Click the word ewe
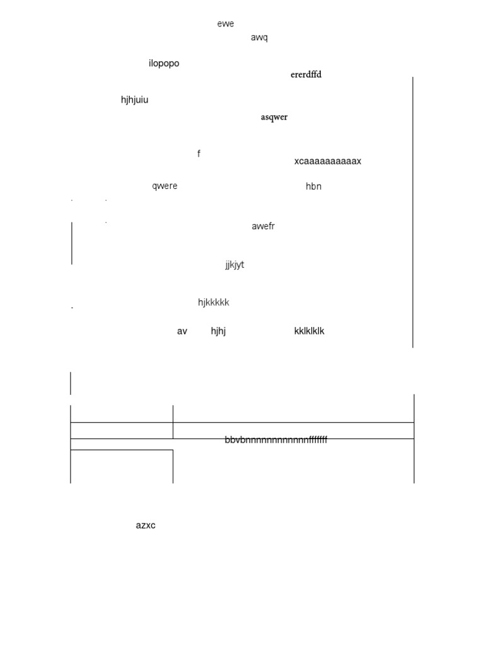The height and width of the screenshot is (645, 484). click(226, 24)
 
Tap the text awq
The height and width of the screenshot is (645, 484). click(259, 37)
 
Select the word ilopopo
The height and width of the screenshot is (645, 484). click(164, 64)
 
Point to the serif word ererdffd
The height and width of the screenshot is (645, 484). click(306, 75)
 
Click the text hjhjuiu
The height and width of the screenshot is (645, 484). click(135, 100)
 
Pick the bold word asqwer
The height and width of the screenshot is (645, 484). click(274, 117)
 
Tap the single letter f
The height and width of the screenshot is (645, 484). click(199, 154)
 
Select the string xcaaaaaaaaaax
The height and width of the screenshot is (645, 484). click(328, 161)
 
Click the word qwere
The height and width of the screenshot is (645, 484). click(164, 186)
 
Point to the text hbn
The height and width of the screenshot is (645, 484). click(313, 186)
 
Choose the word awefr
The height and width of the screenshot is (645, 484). click(263, 227)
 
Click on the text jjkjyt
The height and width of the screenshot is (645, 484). click(234, 265)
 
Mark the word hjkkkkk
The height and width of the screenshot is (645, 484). click(214, 302)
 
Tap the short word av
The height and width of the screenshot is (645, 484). click(182, 331)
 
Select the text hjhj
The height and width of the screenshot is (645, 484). click(218, 331)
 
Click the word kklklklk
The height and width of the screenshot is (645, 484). click(309, 331)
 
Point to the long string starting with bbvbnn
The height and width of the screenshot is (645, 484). click(276, 440)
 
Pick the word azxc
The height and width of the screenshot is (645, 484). click(146, 525)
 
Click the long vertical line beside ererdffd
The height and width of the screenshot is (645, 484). click(413, 212)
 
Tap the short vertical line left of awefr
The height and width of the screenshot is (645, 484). click(72, 243)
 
